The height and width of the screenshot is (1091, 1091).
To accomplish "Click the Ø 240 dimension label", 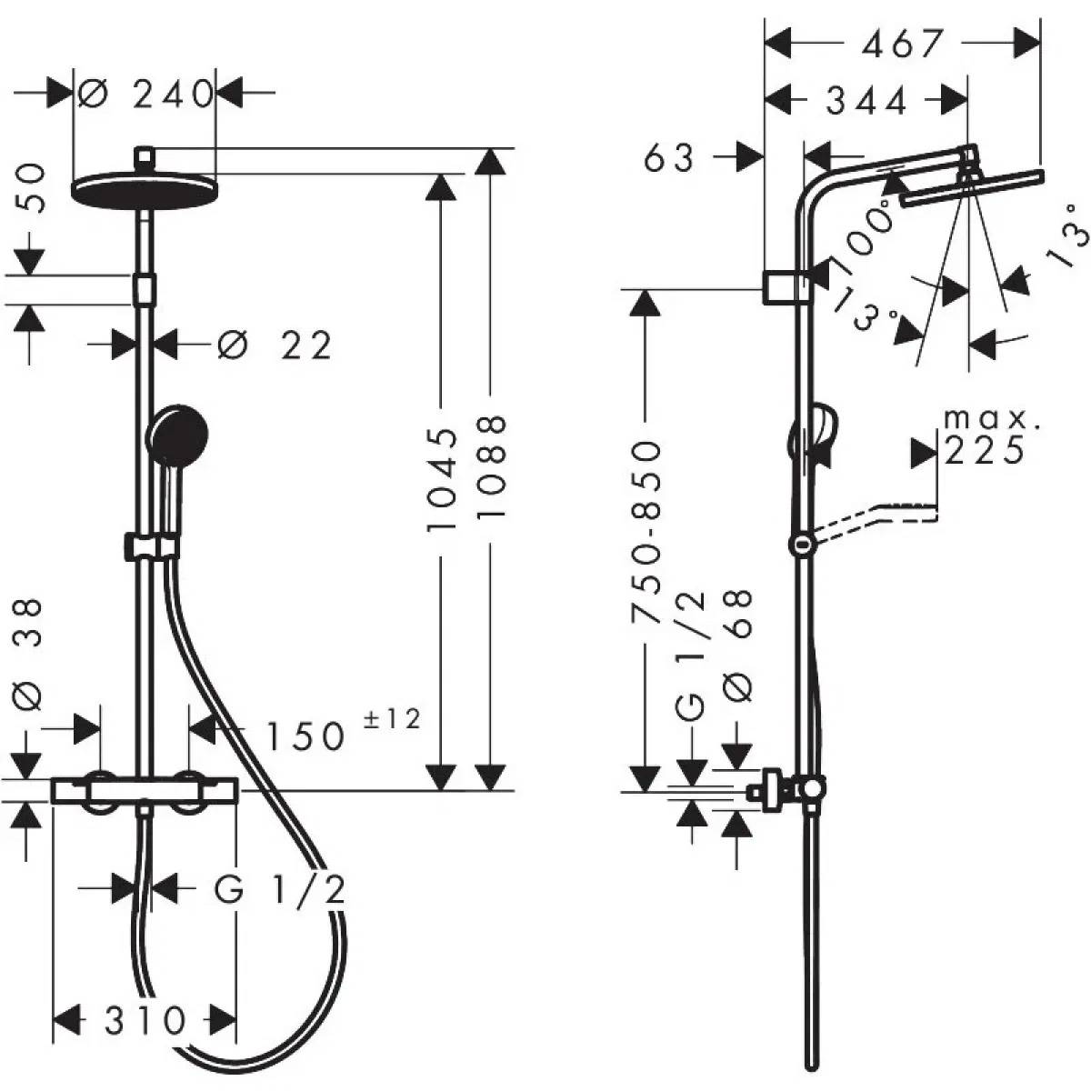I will point(145,94).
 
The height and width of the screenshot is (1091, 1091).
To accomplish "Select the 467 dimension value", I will point(902,42).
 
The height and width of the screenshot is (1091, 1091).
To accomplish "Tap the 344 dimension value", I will point(866,101).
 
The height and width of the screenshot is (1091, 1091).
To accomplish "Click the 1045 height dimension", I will point(442,480).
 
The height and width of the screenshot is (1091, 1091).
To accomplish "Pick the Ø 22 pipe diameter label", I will point(275,345).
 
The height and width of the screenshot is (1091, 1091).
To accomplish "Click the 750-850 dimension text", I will point(646,532).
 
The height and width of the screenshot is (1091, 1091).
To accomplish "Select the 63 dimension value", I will point(670,158).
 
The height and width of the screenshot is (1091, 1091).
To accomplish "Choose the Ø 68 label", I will point(741,644).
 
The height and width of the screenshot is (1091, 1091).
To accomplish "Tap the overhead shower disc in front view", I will point(144,188).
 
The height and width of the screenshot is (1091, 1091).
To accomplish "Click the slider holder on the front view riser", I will point(152,546).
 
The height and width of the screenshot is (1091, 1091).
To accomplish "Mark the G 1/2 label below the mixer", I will point(280,890).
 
